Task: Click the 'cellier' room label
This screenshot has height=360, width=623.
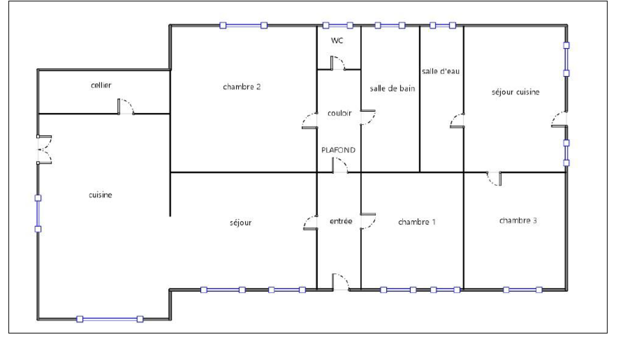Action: coord(101,85)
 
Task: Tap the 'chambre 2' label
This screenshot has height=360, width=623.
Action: coord(242,87)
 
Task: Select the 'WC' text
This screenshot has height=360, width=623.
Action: coord(337,40)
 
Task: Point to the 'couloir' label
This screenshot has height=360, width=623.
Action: coord(339,113)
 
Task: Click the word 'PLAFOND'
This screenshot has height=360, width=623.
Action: coord(338,150)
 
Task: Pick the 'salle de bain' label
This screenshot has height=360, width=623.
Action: coord(392,88)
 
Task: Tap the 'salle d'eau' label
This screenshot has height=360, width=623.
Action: coord(440,72)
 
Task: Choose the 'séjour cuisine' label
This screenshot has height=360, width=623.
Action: coord(516,92)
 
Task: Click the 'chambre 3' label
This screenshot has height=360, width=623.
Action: coord(518,220)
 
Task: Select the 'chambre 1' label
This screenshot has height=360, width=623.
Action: coord(417,222)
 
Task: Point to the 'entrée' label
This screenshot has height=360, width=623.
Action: coord(341,221)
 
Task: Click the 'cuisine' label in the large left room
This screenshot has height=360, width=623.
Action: coord(100,195)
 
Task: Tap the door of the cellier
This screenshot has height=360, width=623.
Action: coord(126,107)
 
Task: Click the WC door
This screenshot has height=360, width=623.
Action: coord(338,63)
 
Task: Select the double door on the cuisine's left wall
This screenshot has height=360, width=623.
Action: coord(44,149)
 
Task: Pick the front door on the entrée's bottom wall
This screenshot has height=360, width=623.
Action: coord(341,282)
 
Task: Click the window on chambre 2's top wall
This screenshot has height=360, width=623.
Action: coord(243,26)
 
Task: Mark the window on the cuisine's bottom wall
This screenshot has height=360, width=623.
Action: coord(110,319)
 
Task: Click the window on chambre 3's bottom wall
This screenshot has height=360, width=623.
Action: coord(523,290)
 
